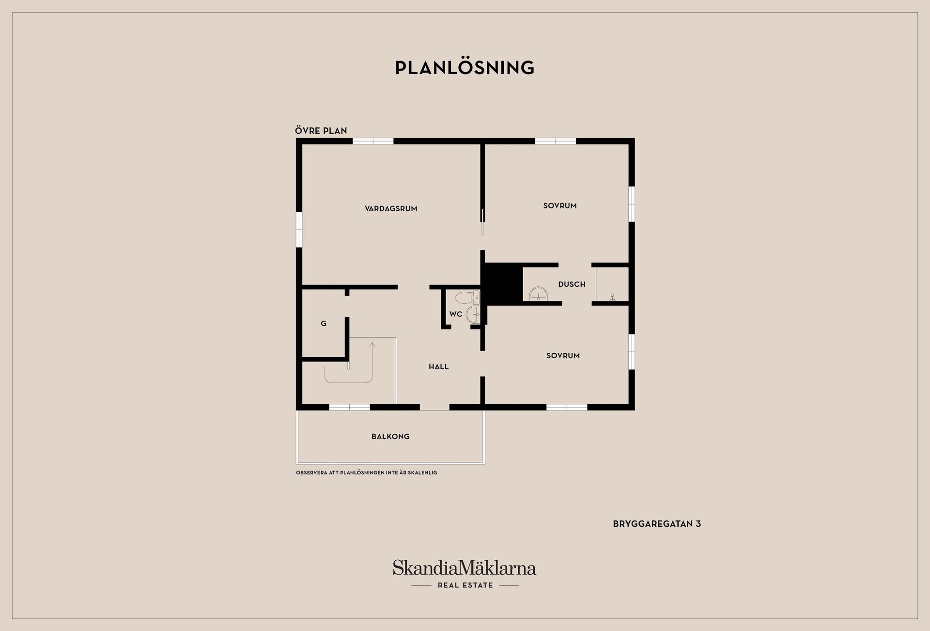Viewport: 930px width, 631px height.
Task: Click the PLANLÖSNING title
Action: coord(465,67)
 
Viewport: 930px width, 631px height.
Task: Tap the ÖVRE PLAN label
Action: coord(321,130)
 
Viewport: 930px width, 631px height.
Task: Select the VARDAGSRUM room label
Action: coord(391,209)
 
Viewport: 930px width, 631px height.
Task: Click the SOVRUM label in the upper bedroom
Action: coord(560,206)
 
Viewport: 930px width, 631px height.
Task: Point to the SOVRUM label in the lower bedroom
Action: coord(563,356)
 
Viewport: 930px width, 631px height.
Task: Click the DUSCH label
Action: coord(572,284)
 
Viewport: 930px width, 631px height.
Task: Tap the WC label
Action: coord(456,314)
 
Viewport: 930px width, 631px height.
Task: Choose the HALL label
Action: coord(439,367)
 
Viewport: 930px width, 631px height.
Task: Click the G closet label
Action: coord(324,324)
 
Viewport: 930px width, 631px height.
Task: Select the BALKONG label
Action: coord(390,437)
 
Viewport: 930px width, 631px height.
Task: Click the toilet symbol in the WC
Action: coord(467,297)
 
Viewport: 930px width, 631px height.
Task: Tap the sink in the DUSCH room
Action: coord(538,294)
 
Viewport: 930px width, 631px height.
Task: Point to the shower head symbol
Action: coord(612,297)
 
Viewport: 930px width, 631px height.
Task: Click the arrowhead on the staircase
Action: coord(372,345)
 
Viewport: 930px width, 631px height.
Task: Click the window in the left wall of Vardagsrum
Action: coord(299,229)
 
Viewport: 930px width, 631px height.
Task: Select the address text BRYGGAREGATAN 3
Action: coord(657,524)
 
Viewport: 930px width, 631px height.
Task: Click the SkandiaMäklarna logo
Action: coord(465,568)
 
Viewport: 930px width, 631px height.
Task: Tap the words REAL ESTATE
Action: coord(465,585)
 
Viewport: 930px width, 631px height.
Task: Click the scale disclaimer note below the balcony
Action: coord(366,473)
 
